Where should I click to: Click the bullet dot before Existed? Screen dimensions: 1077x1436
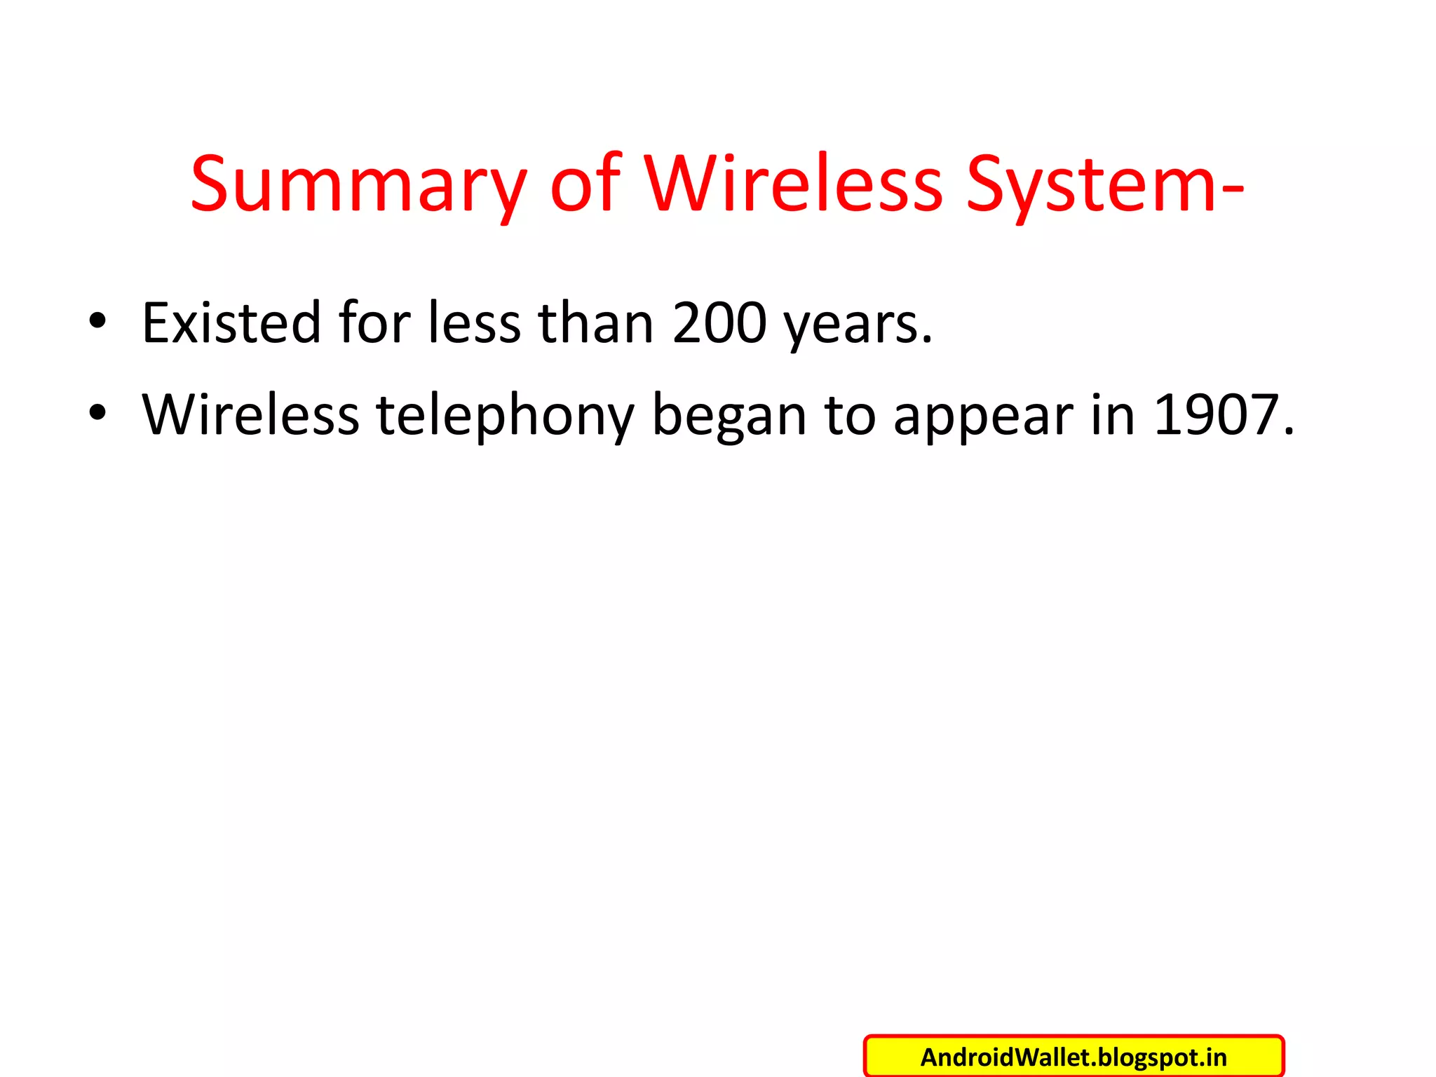[97, 321]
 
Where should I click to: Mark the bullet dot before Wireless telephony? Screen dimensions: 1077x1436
[97, 413]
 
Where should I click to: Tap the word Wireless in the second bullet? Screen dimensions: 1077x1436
[250, 414]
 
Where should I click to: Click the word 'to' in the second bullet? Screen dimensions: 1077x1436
[850, 414]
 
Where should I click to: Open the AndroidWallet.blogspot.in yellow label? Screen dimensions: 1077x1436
[1073, 1057]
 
